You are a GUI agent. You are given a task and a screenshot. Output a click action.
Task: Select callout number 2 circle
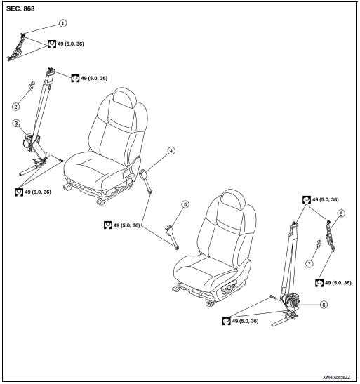(x=15, y=107)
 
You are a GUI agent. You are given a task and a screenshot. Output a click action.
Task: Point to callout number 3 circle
(x=15, y=124)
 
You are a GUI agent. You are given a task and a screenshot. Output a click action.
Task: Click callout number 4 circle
(x=171, y=150)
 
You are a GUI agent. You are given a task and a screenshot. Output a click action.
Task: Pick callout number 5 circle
(x=185, y=204)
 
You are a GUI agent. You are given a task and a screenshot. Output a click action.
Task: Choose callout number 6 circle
(x=324, y=305)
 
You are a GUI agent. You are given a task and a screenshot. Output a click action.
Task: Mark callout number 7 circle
(x=307, y=264)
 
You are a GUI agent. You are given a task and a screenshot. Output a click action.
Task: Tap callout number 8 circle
(x=341, y=212)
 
